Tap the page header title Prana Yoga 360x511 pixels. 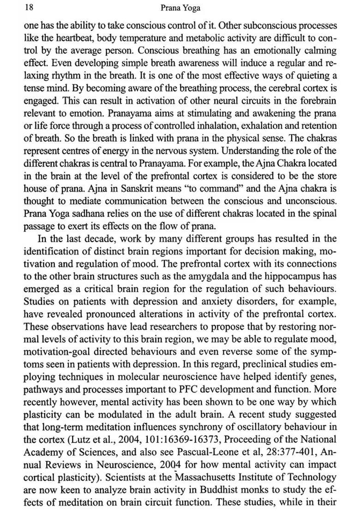coord(180,8)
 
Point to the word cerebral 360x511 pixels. coord(273,88)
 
